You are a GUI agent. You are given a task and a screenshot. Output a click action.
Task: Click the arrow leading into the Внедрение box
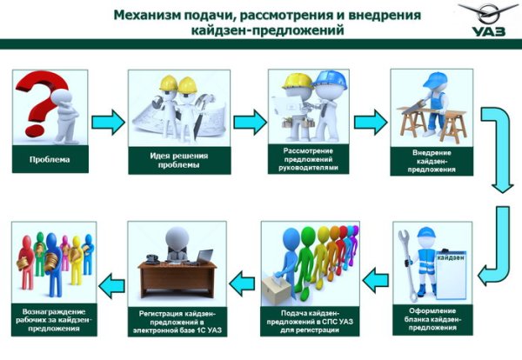click(368, 120)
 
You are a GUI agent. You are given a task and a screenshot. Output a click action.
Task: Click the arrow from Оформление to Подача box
click(375, 279)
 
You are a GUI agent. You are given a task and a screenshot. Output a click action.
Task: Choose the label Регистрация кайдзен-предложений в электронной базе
click(177, 320)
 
